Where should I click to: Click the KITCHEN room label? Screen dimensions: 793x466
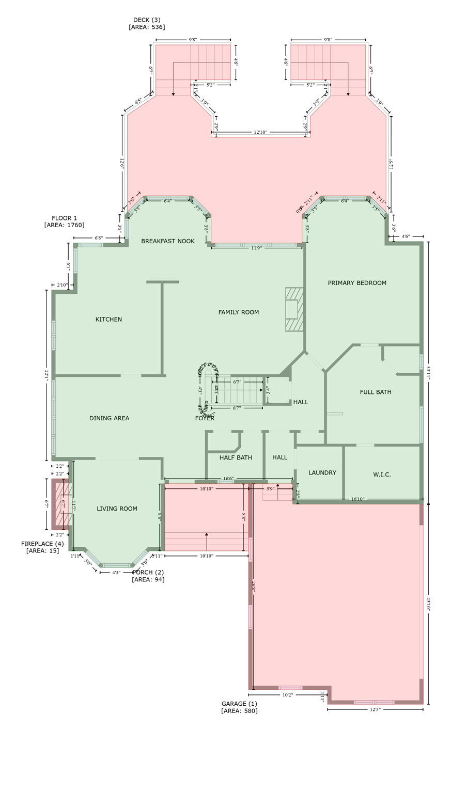pos(108,320)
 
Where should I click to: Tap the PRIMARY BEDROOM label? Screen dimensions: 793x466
pos(357,283)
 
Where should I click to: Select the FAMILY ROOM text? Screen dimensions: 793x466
pos(238,312)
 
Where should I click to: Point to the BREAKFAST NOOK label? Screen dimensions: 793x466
pos(168,241)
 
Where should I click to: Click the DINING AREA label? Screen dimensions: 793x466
pos(109,418)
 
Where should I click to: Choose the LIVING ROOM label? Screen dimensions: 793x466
pos(117,509)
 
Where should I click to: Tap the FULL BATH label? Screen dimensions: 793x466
pos(376,392)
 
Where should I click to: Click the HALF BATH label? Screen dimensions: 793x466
pos(236,457)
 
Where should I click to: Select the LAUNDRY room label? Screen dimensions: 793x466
pos(322,473)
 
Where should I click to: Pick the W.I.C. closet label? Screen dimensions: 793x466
pos(382,474)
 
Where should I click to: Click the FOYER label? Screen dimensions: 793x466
pos(205,418)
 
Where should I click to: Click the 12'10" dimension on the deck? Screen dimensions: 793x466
pos(260,132)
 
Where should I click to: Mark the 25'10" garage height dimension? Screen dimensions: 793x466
pos(428,604)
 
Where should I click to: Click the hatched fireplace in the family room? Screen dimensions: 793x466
pos(294,309)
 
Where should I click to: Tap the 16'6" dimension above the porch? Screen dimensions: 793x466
pos(228,479)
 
